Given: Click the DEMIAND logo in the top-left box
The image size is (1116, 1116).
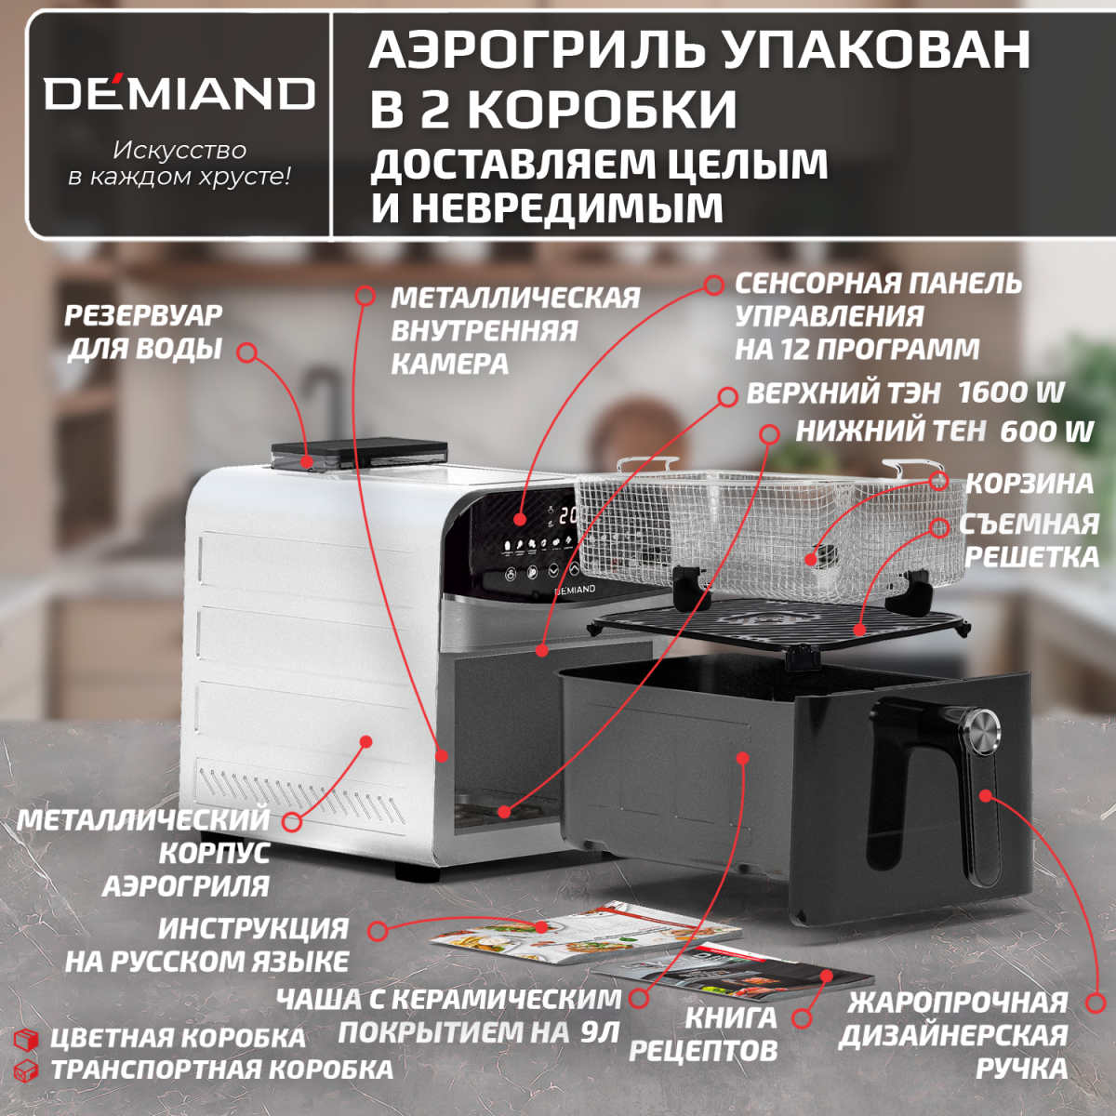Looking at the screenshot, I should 179,93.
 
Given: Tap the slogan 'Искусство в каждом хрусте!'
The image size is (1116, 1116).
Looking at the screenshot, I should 179,163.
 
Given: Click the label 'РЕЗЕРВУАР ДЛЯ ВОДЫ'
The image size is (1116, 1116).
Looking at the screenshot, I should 143,332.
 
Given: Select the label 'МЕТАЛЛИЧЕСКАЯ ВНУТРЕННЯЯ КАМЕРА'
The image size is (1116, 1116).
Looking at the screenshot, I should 514,330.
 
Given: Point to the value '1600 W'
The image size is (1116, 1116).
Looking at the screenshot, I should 1011,392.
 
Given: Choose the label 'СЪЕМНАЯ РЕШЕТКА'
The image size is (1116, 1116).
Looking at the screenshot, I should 1030,540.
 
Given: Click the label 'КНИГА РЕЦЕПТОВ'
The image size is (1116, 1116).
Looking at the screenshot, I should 704,1034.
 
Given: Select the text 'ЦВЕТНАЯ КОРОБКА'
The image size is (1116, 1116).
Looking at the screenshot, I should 178,1038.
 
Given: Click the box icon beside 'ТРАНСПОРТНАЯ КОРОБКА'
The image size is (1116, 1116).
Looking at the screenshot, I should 26,1069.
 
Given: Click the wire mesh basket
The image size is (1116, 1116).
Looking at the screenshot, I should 744,525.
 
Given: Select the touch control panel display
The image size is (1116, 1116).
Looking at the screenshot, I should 530,544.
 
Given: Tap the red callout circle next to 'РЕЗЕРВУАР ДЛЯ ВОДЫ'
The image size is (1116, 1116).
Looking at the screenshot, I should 246,352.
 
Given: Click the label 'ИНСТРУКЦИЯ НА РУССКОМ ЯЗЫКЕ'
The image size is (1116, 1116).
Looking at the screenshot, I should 206,944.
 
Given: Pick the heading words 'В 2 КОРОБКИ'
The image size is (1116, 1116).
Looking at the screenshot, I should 553,109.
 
